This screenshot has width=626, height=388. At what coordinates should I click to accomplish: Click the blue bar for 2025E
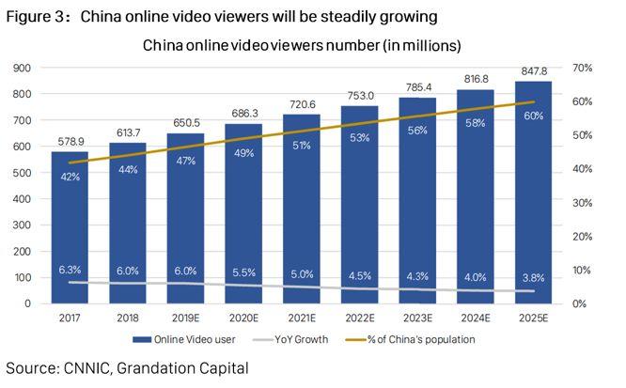point(533,207)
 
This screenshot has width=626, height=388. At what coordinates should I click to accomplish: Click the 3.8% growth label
point(533,278)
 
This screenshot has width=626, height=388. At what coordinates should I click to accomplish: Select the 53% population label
point(361,138)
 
